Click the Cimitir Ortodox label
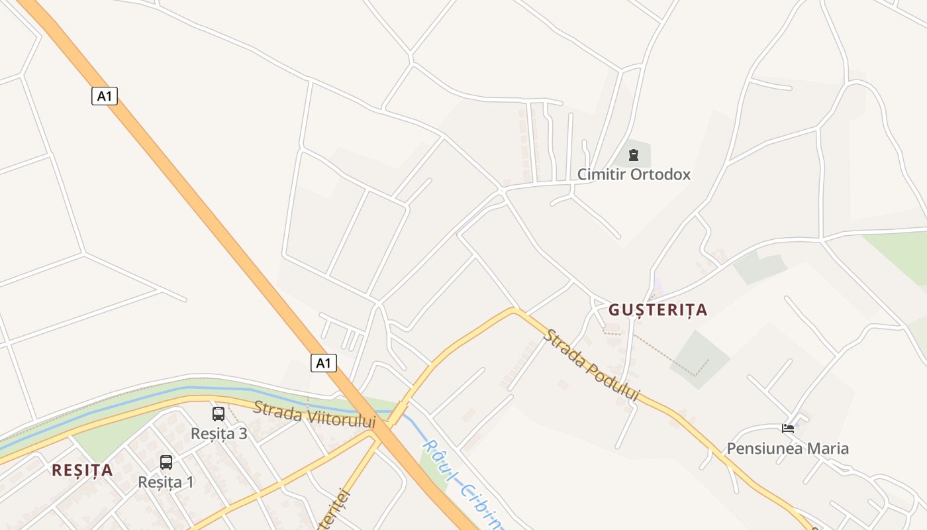click(x=634, y=174)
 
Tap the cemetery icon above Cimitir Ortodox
click(x=634, y=156)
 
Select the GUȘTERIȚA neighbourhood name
click(x=658, y=309)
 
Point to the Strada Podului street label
click(x=592, y=365)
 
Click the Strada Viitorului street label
click(x=314, y=414)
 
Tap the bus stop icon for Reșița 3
click(x=219, y=414)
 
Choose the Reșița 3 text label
click(x=219, y=433)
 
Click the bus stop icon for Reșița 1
click(x=166, y=462)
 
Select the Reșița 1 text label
click(x=166, y=482)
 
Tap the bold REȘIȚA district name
click(x=82, y=470)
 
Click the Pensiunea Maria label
click(x=787, y=449)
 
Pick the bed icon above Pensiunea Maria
click(x=788, y=429)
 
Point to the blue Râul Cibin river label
click(x=463, y=484)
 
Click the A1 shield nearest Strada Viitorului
click(x=323, y=362)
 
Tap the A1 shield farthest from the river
click(x=104, y=96)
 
